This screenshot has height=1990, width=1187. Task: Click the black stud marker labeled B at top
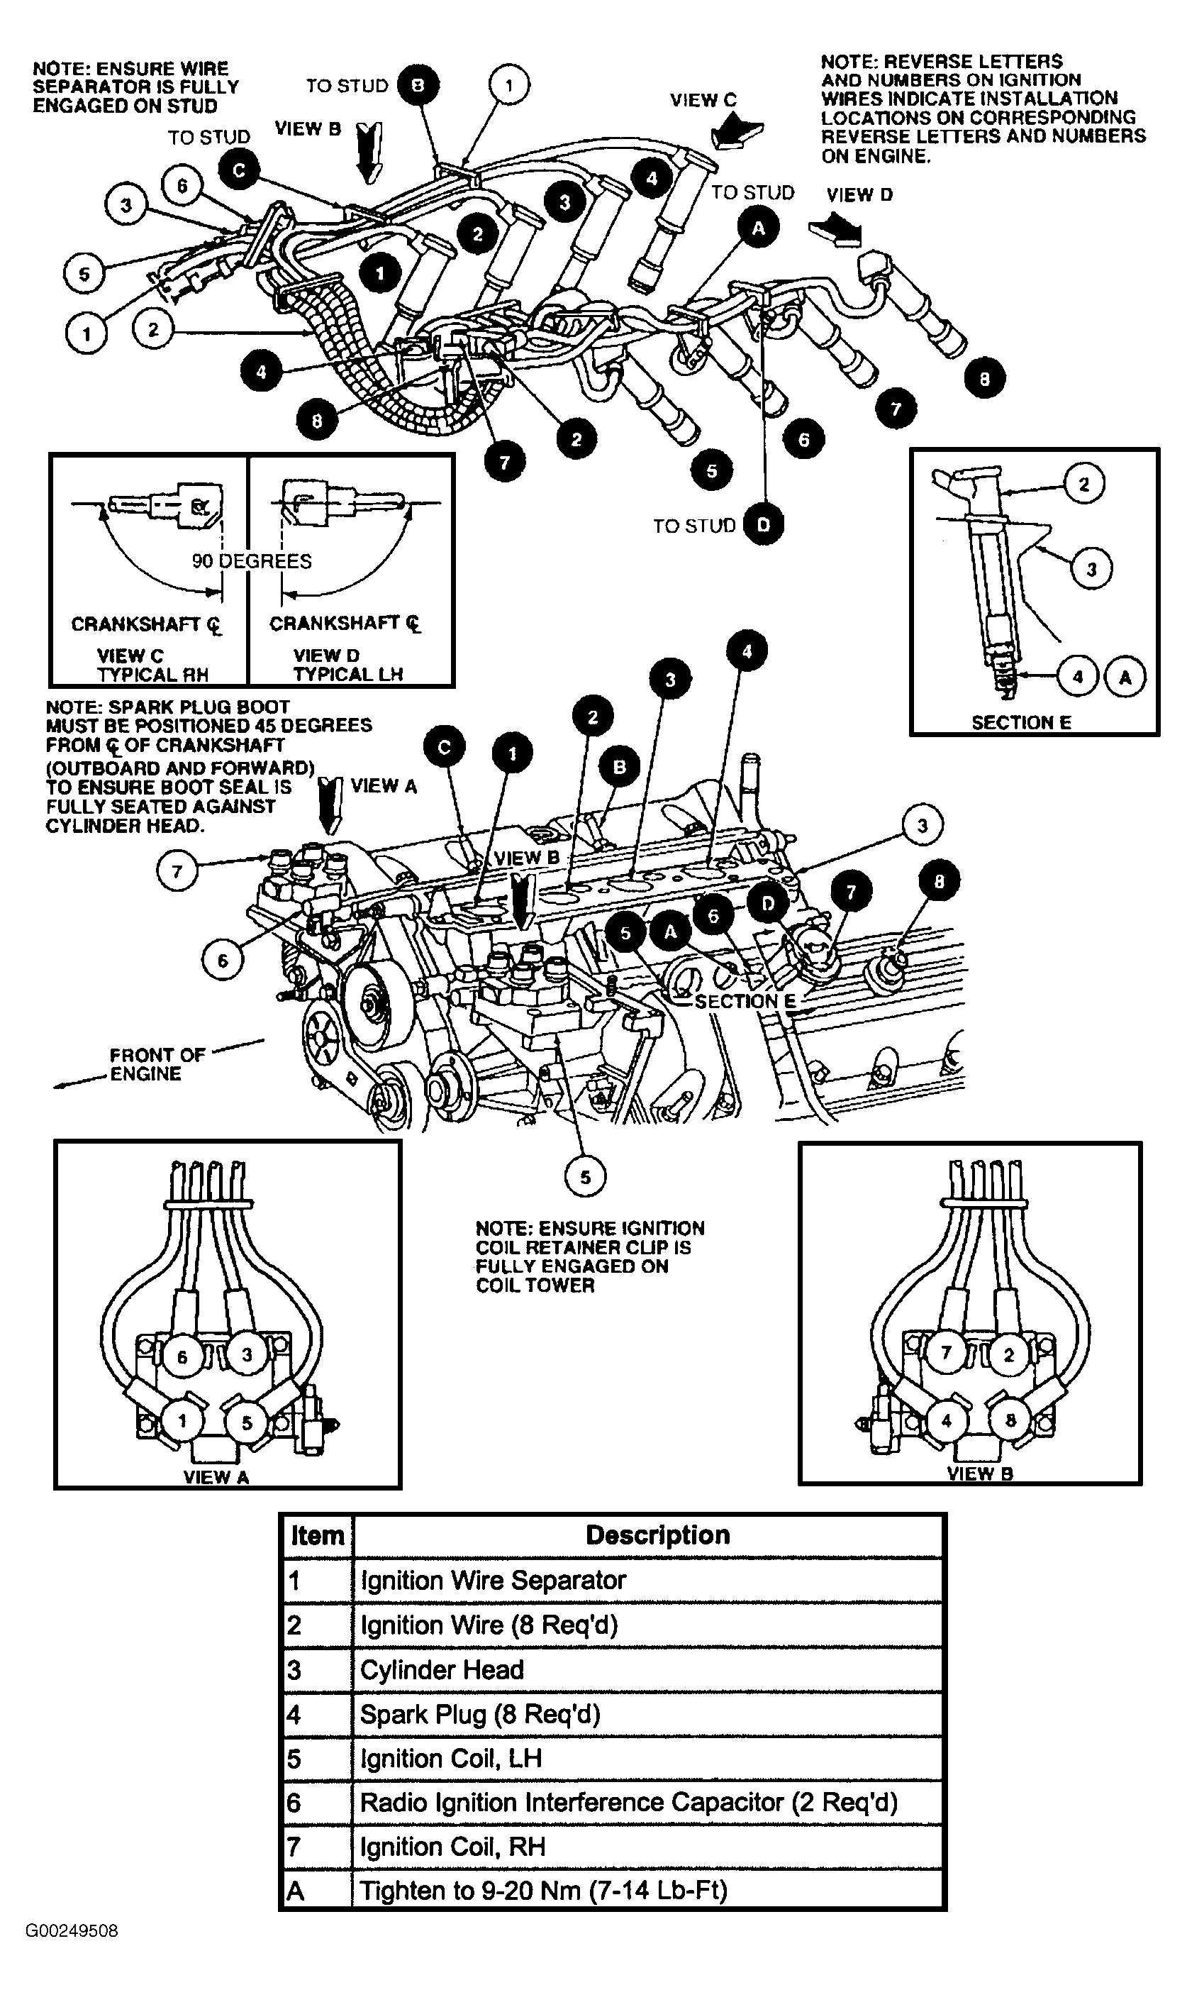(x=418, y=85)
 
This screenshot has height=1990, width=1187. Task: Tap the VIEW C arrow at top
(x=737, y=131)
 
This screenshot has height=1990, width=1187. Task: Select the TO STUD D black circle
(x=763, y=524)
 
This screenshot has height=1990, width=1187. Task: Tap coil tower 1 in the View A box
(x=182, y=1421)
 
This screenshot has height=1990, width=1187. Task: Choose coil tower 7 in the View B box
(x=946, y=1353)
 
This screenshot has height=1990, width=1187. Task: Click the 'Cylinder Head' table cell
(x=648, y=1670)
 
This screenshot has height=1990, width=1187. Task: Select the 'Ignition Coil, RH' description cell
(x=648, y=1846)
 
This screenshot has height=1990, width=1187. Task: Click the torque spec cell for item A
(x=648, y=1890)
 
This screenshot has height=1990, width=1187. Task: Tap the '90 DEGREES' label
(x=252, y=561)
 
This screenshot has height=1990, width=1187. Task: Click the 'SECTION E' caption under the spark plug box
(x=1021, y=722)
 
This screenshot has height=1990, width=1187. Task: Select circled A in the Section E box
(x=1125, y=677)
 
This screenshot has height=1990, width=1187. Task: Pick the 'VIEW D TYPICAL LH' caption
(x=347, y=664)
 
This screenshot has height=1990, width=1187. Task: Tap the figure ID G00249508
(x=72, y=1931)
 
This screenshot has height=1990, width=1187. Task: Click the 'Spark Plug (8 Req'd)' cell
(x=648, y=1714)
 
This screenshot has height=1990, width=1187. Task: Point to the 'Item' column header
(x=318, y=1535)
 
